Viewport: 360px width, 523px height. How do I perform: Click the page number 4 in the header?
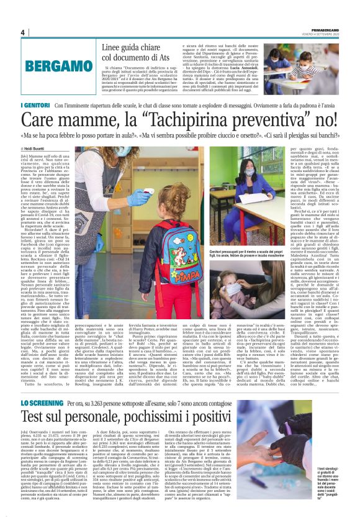tap(22, 32)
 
